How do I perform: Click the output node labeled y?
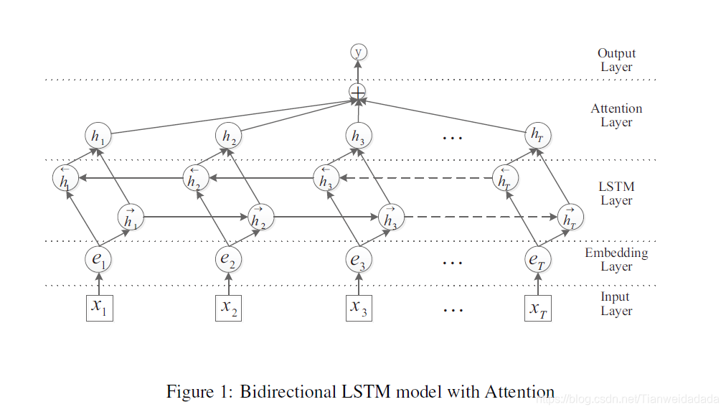[358, 52]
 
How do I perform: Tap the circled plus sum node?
[357, 93]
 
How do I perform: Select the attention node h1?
[98, 136]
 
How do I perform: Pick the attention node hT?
[537, 136]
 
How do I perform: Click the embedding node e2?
[229, 260]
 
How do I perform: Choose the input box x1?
[99, 307]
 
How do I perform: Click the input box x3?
[359, 307]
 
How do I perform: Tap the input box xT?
[537, 307]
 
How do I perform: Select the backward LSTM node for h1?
[65, 178]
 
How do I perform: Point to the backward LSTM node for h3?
[326, 178]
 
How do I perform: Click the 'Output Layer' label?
[616, 60]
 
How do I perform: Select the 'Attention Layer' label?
[616, 116]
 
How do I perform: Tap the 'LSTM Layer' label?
[616, 194]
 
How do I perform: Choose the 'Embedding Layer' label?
[616, 259]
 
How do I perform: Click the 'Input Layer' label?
[616, 304]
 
